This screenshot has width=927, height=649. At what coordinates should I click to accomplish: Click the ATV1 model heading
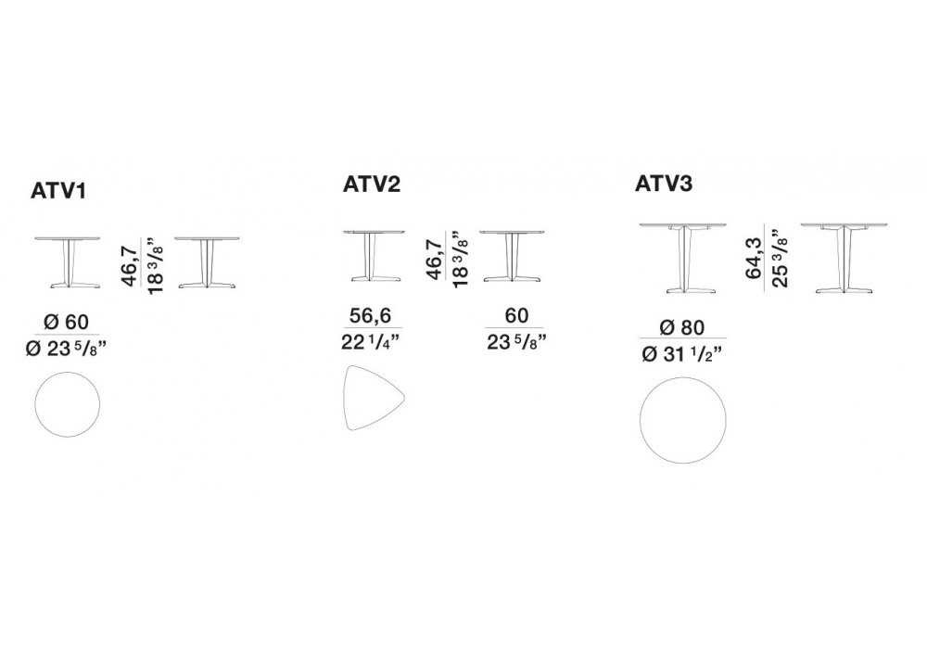tap(58, 191)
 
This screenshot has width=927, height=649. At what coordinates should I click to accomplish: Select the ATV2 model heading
tap(372, 184)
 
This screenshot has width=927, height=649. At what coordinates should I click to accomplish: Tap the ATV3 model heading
tap(664, 184)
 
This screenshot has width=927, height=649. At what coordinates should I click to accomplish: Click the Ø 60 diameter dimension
tap(66, 322)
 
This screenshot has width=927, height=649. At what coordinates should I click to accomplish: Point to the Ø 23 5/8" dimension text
tap(66, 349)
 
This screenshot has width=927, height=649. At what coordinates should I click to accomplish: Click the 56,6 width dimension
tap(370, 315)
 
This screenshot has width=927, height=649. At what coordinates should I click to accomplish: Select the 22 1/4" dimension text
tap(371, 341)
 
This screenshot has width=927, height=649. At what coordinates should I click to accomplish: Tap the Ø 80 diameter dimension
tap(682, 327)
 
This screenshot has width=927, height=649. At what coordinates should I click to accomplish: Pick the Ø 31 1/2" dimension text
tap(682, 354)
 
